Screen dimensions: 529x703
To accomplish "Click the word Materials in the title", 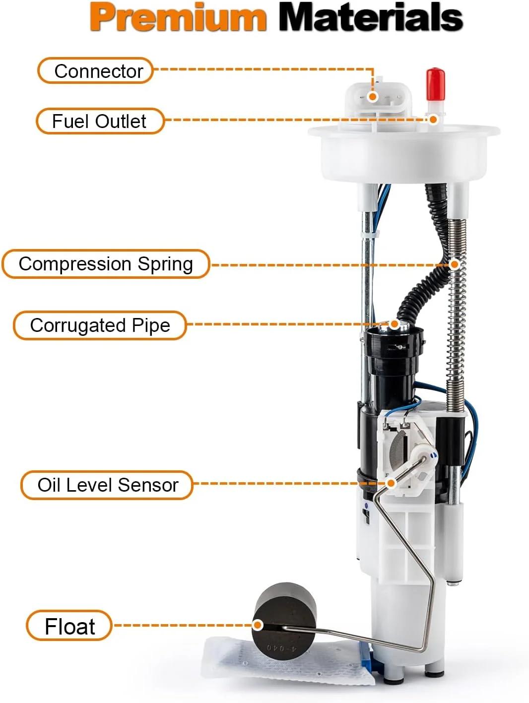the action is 371,17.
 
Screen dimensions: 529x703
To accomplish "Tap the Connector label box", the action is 95,71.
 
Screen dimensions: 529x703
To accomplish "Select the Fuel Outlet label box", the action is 100,121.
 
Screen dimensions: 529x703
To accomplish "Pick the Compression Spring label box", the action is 106,264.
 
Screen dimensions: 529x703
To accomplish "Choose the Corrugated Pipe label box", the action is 100,325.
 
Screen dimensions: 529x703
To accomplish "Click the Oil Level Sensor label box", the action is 107,485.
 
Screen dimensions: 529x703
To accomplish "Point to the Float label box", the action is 69,626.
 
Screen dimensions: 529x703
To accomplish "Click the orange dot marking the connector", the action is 372,96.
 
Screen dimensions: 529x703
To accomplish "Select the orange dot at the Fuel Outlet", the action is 433,120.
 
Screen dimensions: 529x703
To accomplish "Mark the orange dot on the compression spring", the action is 454,264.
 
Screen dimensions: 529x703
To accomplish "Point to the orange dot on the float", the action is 258,625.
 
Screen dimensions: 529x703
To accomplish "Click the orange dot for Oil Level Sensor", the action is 391,483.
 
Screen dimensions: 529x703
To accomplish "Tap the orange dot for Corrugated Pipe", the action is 395,324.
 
